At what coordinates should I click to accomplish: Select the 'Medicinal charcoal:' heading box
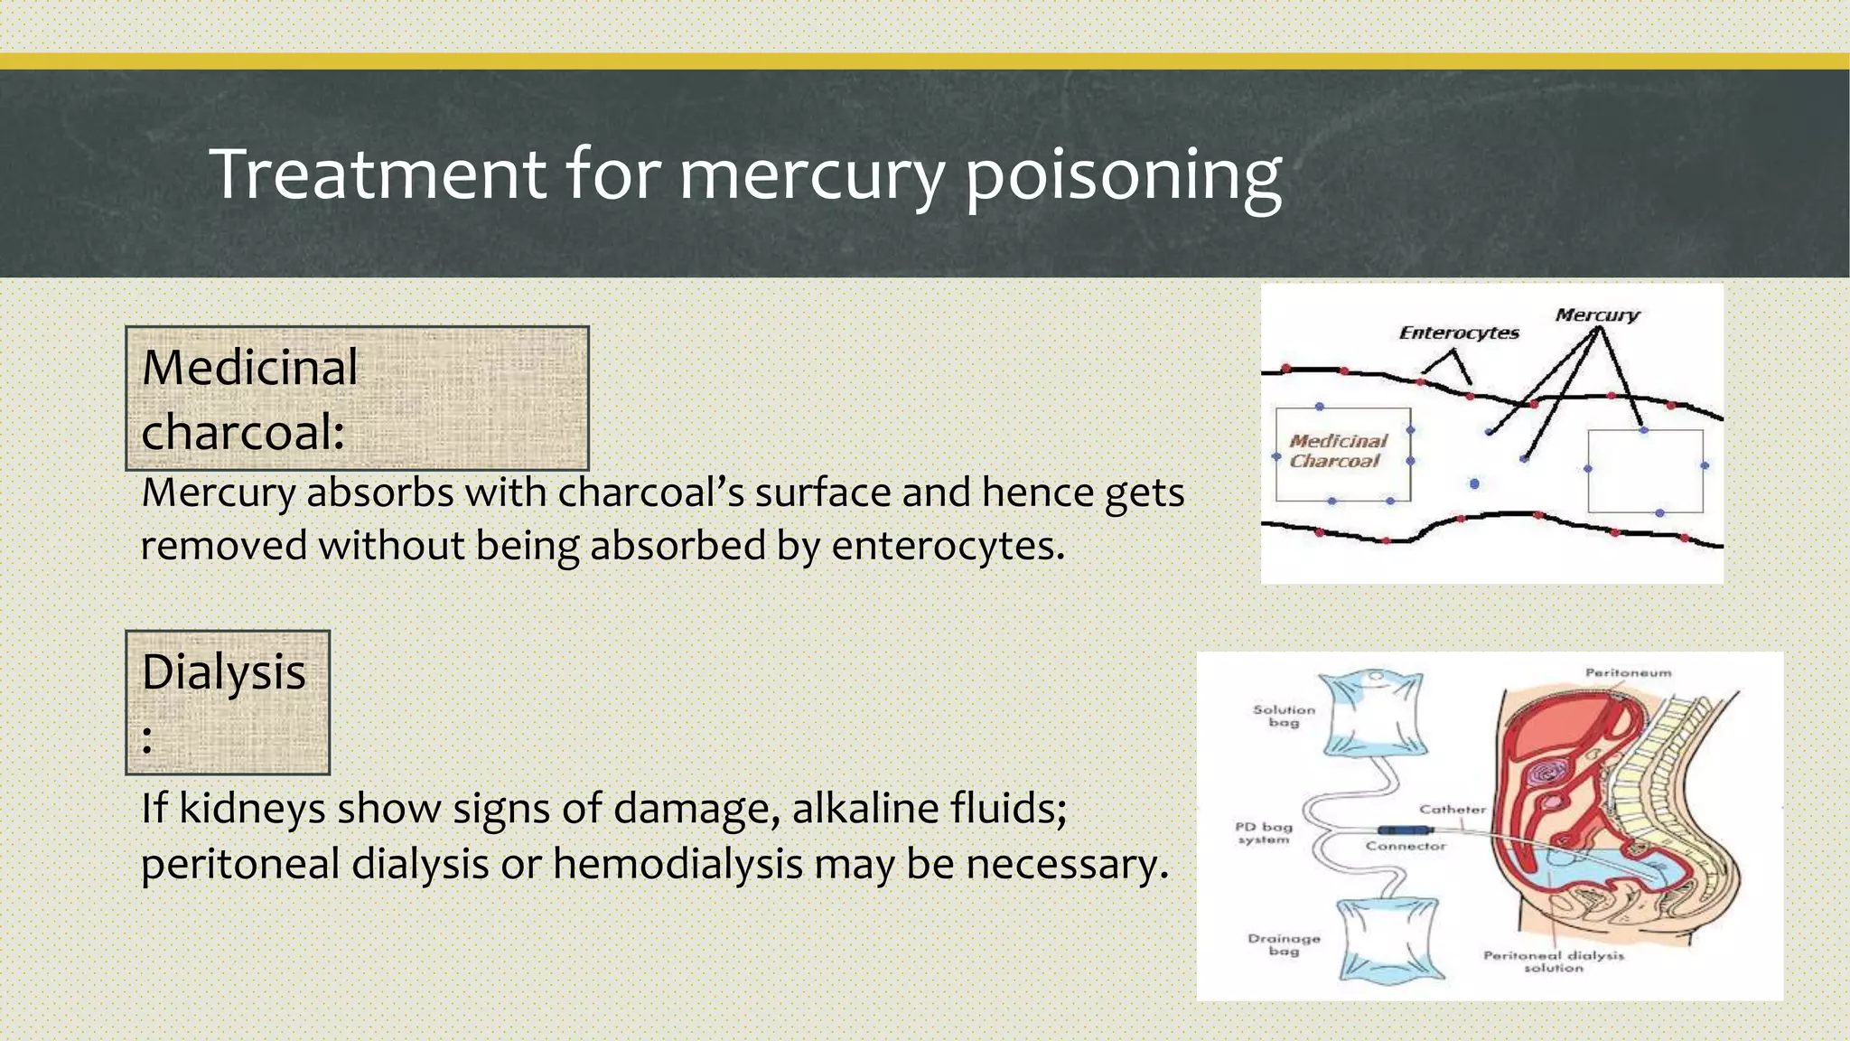[x=357, y=399]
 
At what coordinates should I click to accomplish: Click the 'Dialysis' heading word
[x=224, y=672]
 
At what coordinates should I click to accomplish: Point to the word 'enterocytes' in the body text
[x=948, y=546]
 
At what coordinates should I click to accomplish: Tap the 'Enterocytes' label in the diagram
[x=1459, y=333]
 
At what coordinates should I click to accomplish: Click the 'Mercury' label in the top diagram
[x=1596, y=314]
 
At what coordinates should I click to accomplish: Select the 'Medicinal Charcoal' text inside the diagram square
[x=1337, y=451]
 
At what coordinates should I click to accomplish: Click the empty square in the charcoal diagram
[x=1645, y=472]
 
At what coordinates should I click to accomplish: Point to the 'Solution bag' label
[x=1284, y=716]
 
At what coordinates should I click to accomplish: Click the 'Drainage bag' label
[x=1284, y=944]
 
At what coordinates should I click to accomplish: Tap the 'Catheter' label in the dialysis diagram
[x=1452, y=809]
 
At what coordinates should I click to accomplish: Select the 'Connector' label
[x=1406, y=846]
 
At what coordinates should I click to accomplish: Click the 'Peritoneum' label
[x=1628, y=672]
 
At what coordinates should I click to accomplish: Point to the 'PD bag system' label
[x=1264, y=832]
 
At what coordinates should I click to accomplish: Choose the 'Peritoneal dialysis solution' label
[x=1553, y=961]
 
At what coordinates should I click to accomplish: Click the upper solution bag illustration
[x=1374, y=713]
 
